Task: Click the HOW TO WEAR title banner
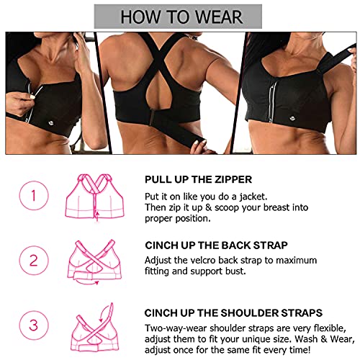coord(178,17)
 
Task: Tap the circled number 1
coord(34,196)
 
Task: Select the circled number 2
coord(34,261)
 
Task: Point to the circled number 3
coord(34,325)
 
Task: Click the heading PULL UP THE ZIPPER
coord(198,179)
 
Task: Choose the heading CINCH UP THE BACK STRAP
coord(216,246)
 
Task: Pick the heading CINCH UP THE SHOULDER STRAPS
coord(233,313)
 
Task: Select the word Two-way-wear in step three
coord(176,328)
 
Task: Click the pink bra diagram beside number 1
coord(95,197)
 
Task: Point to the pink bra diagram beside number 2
coord(95,261)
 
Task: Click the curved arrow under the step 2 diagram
coord(86,283)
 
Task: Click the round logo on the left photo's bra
coord(51,123)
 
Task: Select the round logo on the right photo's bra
coord(292,118)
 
